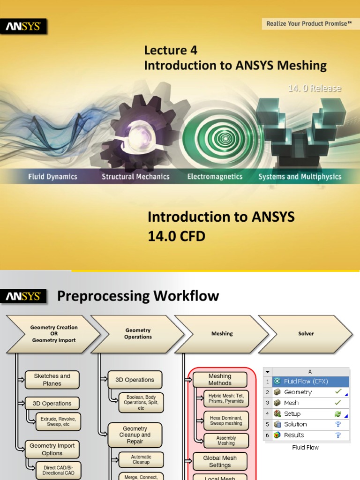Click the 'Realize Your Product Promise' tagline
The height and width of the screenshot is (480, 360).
[309, 23]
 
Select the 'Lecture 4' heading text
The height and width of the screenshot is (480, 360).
[171, 50]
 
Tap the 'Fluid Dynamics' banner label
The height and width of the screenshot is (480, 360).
[52, 177]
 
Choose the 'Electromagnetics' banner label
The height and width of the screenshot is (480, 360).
[215, 177]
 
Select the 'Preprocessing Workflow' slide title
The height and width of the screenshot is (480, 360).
[138, 296]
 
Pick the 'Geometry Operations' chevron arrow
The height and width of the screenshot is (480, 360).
[137, 334]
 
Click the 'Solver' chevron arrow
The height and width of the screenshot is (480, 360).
[306, 334]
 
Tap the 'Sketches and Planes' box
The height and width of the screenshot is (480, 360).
[52, 380]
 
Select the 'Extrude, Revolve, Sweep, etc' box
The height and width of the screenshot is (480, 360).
[60, 420]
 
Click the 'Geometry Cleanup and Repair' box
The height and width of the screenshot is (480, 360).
[135, 435]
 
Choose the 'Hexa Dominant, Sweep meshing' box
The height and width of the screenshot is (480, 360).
[226, 420]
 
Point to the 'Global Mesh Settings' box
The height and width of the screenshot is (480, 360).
[220, 462]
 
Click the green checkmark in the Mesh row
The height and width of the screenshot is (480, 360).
[337, 403]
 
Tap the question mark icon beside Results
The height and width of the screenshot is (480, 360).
[337, 435]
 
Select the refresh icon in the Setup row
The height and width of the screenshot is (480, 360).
[337, 414]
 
